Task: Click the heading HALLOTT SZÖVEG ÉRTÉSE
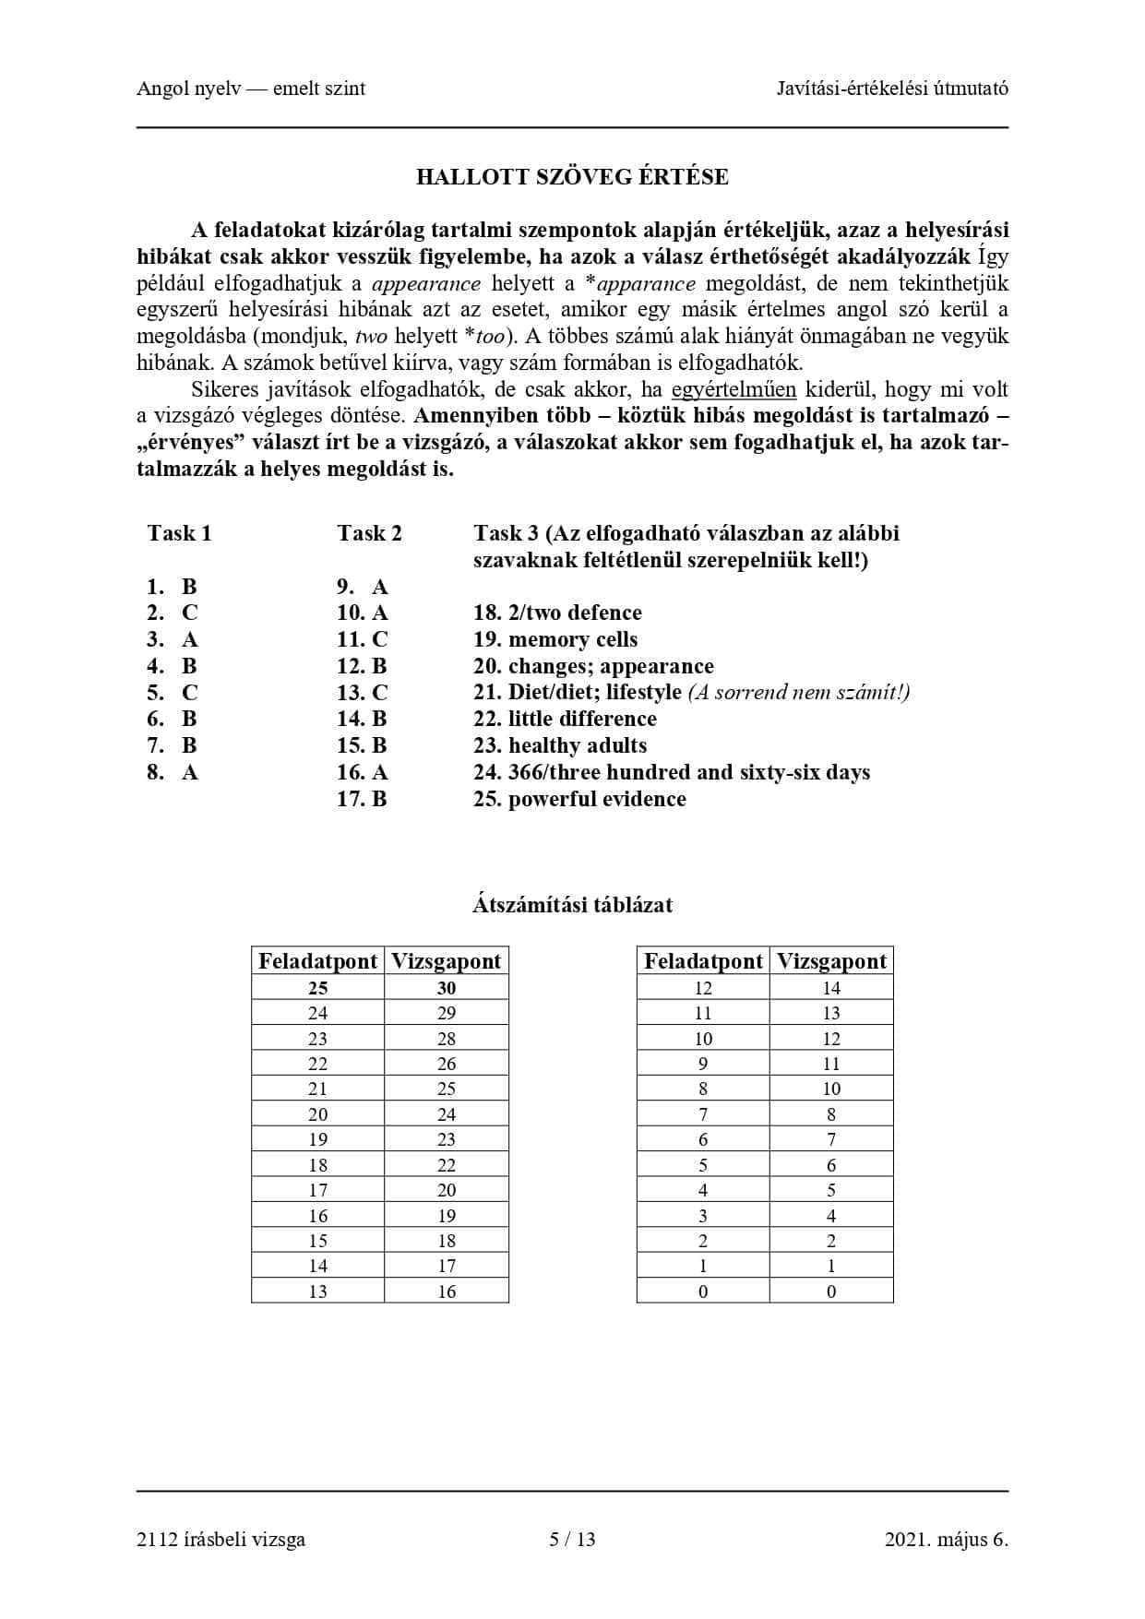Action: (572, 177)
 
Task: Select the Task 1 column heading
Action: (179, 533)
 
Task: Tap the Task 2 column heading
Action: (369, 533)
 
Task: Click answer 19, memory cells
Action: (555, 639)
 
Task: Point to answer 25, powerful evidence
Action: (579, 799)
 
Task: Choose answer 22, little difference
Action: (565, 719)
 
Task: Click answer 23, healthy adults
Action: (560, 745)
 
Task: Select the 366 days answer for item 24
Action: (672, 772)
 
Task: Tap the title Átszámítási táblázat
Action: (572, 905)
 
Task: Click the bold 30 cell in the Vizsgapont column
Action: (447, 988)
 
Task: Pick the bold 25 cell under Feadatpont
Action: (317, 988)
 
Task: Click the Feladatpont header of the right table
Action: (703, 961)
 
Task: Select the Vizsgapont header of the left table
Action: (447, 961)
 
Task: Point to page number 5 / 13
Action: (572, 1539)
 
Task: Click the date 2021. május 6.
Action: (946, 1539)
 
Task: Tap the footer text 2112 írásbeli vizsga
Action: (221, 1539)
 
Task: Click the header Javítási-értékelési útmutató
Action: (892, 89)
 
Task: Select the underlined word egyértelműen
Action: (734, 389)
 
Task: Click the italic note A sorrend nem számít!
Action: (799, 692)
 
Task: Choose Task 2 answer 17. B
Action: (362, 799)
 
